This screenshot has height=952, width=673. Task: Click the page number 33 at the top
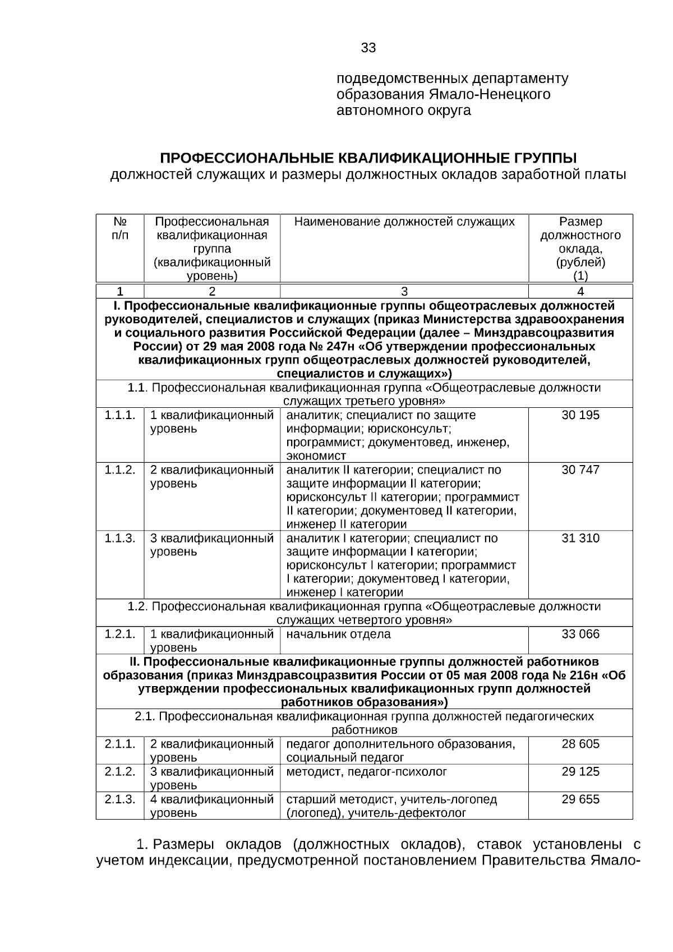click(x=368, y=48)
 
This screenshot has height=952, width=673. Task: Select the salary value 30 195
click(x=580, y=415)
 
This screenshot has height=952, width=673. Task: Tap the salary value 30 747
click(x=580, y=470)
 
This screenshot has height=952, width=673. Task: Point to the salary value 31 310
click(x=580, y=538)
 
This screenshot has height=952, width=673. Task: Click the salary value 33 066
click(x=580, y=634)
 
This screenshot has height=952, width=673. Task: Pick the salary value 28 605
click(x=580, y=744)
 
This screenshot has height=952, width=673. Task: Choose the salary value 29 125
click(x=580, y=771)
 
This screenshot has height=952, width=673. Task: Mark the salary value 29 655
click(x=580, y=799)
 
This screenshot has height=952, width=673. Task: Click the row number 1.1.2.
click(x=120, y=470)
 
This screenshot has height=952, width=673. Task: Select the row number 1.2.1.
click(x=120, y=634)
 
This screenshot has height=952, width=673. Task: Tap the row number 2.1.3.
click(x=120, y=799)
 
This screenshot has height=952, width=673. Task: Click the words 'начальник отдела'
click(x=338, y=634)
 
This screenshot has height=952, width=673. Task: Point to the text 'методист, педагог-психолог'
click(x=366, y=771)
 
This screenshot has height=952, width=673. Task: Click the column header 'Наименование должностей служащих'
click(x=404, y=222)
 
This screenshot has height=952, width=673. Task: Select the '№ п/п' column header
click(x=120, y=228)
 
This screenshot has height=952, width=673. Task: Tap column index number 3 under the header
click(x=404, y=291)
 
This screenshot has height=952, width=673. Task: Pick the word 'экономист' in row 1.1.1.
click(x=316, y=456)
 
